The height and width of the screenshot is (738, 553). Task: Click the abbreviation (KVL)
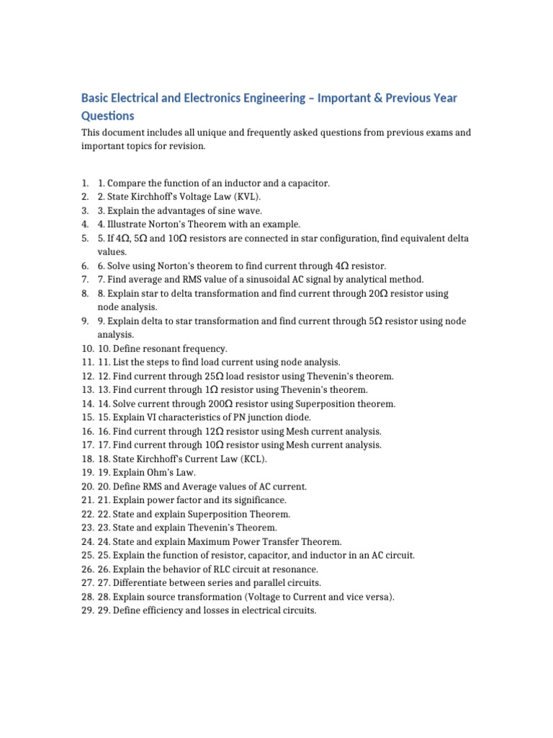[246, 197]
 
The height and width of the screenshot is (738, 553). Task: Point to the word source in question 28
[161, 597]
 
